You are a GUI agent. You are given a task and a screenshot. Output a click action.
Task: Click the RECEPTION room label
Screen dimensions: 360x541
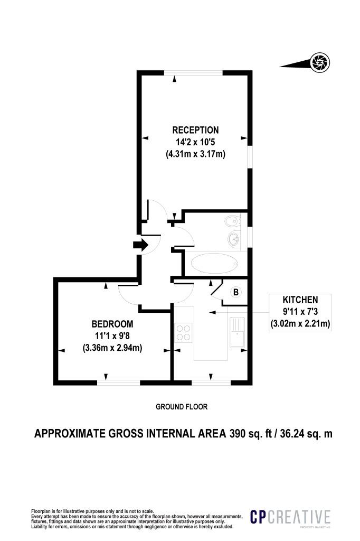tap(195, 130)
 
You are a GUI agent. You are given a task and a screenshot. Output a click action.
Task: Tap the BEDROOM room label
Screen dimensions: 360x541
tap(112, 324)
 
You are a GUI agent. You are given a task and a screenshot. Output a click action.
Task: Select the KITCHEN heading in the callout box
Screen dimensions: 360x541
tap(300, 300)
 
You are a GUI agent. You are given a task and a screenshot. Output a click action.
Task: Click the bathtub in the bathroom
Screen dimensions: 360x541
tap(214, 264)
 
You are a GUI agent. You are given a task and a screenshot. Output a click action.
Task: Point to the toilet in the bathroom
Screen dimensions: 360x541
tap(231, 220)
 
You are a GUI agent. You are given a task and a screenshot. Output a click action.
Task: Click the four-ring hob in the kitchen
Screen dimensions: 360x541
tap(184, 332)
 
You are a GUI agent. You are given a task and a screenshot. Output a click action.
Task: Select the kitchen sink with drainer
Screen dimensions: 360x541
tap(237, 332)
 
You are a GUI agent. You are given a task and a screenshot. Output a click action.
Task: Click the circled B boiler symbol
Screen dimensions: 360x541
tap(236, 292)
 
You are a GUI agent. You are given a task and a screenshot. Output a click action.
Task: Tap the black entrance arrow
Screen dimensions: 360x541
tap(140, 245)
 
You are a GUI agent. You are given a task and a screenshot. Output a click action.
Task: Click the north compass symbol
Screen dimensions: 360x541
tap(320, 62)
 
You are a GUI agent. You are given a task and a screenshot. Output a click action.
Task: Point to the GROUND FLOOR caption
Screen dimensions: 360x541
tap(182, 407)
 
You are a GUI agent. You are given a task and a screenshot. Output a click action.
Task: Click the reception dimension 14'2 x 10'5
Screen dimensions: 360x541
tap(195, 142)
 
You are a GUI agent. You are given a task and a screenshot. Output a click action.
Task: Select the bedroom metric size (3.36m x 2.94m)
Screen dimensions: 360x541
tap(112, 348)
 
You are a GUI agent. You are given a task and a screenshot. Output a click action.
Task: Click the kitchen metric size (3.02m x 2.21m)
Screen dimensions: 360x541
tap(300, 324)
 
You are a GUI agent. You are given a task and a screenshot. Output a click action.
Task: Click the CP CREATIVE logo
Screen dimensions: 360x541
tap(290, 517)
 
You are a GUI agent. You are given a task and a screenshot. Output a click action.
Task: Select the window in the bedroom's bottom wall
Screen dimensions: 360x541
tap(119, 383)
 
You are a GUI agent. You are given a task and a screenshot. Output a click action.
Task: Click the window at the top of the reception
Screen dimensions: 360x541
tap(193, 73)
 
